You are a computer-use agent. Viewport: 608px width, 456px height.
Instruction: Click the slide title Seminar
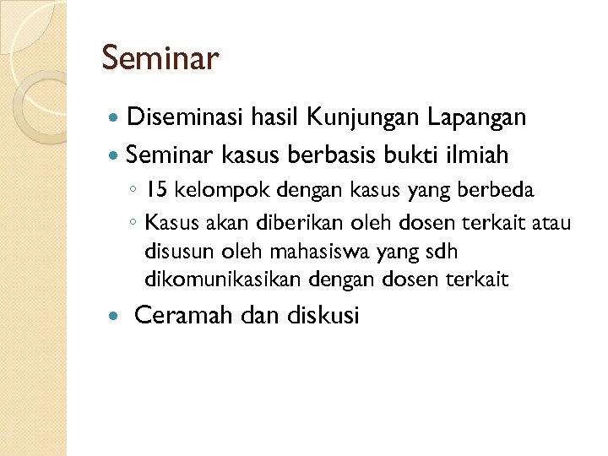pos(160,59)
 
